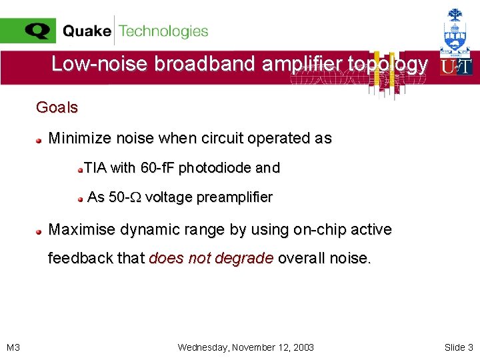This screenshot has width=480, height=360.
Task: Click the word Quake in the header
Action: [x=87, y=31]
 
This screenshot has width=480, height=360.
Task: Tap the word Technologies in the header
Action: [x=163, y=31]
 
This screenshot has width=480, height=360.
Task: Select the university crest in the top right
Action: [x=456, y=30]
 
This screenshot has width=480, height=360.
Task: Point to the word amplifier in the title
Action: [x=307, y=64]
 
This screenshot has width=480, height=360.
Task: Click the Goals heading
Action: [x=57, y=107]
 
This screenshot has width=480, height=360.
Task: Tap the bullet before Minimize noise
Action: [x=40, y=140]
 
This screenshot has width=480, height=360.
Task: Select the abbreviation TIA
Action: [x=95, y=168]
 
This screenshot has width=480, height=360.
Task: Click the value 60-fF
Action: [x=157, y=168]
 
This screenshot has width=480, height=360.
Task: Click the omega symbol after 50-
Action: [x=137, y=197]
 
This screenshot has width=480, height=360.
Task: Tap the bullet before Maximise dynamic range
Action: [x=40, y=231]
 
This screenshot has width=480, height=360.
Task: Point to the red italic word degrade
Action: [x=248, y=259]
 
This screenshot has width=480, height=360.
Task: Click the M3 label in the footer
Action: [x=13, y=347]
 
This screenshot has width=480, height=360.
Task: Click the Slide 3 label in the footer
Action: [x=459, y=347]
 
